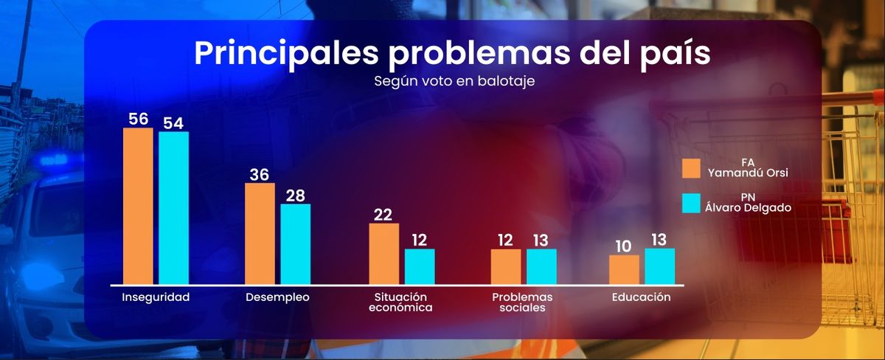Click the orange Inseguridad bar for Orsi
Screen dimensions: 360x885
coord(138,206)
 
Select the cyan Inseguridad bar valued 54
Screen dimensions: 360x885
coord(173,208)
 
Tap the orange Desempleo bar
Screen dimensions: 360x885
coord(260,233)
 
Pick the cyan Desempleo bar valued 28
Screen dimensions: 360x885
coord(295,243)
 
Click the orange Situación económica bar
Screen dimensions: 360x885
coord(383,253)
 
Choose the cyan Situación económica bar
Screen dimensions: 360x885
coord(420,266)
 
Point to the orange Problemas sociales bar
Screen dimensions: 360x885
coord(506,266)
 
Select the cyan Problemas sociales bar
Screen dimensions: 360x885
coord(541,266)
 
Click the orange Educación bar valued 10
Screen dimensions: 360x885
coord(624,269)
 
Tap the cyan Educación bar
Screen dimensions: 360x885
coord(659,266)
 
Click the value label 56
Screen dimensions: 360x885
coord(138,119)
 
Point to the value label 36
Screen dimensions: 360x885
coord(260,174)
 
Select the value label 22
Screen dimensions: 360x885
coord(383,214)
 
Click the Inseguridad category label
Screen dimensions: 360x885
coord(156,297)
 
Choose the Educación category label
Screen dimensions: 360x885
coord(641,297)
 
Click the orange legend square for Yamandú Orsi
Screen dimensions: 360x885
coord(691,168)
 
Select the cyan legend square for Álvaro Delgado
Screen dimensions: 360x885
coord(691,203)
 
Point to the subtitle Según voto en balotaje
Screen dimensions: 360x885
coord(454,81)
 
